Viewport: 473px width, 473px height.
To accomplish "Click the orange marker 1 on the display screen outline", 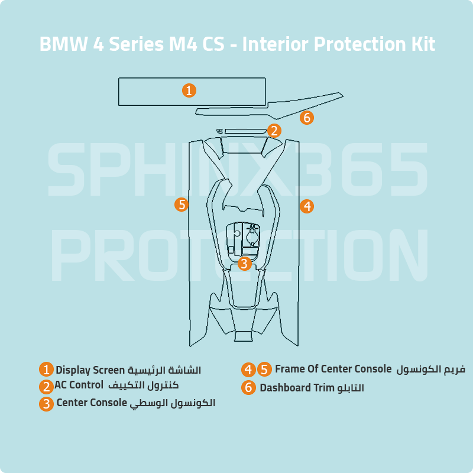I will tap(189, 90).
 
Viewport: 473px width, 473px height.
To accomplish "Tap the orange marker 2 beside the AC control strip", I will tap(274, 131).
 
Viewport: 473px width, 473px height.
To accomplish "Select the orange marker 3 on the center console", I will tap(245, 264).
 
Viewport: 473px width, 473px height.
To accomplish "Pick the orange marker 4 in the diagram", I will tap(306, 206).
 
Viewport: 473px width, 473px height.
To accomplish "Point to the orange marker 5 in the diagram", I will tap(182, 205).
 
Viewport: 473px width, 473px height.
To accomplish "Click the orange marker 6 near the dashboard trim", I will tap(306, 118).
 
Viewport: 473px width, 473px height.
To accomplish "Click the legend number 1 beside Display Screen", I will tap(47, 370).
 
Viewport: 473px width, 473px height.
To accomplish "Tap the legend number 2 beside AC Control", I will tap(47, 387).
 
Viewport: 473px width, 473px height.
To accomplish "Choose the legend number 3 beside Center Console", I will tap(47, 404).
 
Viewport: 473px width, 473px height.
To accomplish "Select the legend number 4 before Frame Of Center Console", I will tap(248, 370).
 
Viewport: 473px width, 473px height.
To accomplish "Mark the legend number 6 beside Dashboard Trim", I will tap(248, 388).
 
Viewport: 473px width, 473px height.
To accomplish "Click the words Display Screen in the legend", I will tap(90, 370).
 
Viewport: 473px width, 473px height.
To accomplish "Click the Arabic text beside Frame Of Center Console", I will tap(430, 370).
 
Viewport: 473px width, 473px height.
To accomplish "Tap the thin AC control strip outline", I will tap(245, 131).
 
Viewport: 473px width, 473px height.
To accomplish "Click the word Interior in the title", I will tap(276, 44).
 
